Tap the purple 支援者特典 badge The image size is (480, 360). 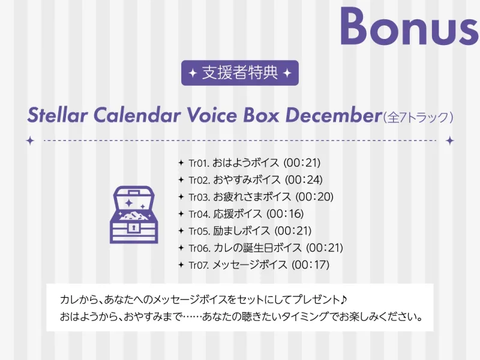tap(240, 73)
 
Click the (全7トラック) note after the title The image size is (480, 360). tap(418, 116)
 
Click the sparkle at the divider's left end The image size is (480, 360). tap(31, 140)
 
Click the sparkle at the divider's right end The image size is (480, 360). tap(449, 140)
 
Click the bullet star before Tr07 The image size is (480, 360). tap(181, 265)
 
